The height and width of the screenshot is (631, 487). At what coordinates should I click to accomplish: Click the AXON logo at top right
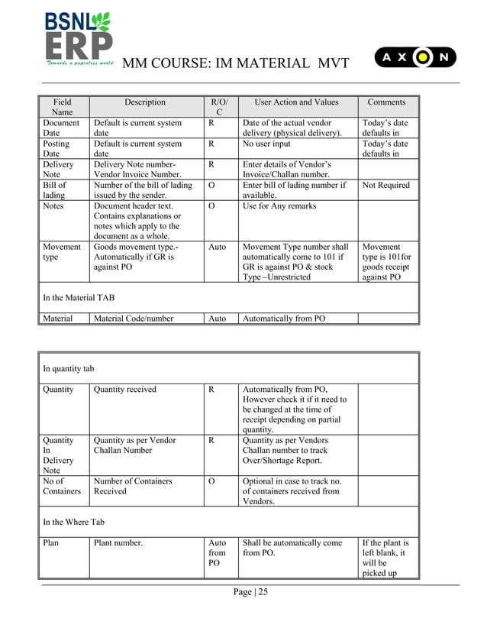(415, 57)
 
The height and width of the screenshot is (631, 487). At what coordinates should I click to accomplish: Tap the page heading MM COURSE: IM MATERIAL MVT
(235, 63)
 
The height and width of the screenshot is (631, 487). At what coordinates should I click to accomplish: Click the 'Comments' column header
(386, 102)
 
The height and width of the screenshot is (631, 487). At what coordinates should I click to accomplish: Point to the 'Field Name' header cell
(63, 107)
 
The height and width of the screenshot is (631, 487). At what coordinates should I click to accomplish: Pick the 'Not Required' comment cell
(386, 186)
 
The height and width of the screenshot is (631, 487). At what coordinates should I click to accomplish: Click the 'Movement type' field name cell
(62, 252)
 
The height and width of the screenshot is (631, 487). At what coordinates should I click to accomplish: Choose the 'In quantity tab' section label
(69, 369)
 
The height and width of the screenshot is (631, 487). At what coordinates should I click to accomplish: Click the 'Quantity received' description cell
(125, 390)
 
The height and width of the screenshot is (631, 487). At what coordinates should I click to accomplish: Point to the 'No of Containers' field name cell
(62, 487)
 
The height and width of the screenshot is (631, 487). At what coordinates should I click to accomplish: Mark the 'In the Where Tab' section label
(74, 522)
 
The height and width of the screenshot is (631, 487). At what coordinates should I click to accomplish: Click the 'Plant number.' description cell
(118, 544)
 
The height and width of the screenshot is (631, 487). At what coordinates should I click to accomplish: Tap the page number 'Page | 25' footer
(250, 591)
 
